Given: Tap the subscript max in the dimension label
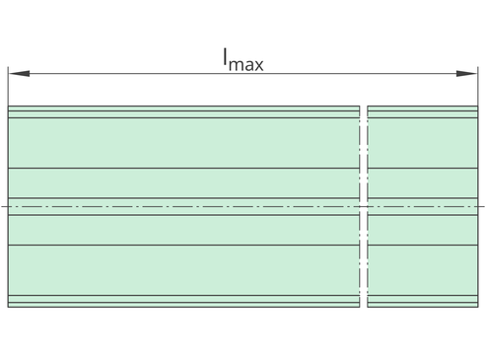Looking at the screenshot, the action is [245, 64].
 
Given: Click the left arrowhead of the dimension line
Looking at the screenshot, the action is [19, 73].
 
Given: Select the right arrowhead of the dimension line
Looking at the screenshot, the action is [466, 73].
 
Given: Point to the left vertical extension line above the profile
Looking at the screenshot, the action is [8, 86].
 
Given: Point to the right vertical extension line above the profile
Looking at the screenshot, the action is [478, 86].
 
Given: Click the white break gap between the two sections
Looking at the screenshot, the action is [364, 206].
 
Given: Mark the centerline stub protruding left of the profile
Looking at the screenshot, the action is [5, 206].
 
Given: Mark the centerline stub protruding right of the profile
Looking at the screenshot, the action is [481, 206].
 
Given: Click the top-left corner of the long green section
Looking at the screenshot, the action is [8, 106].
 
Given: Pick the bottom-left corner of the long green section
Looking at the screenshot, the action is [8, 308].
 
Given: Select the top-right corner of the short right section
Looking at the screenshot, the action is [478, 106].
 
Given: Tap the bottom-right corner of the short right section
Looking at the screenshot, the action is [478, 308].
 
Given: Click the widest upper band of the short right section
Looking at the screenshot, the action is [423, 143].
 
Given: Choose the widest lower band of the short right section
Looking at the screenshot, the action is [423, 270].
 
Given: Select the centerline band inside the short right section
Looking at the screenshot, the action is [423, 206].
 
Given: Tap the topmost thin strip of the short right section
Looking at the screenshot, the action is [423, 108].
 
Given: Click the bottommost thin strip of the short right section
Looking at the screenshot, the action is [423, 305].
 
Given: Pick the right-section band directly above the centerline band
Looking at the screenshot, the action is [423, 183].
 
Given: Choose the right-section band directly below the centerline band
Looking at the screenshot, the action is [423, 230].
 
